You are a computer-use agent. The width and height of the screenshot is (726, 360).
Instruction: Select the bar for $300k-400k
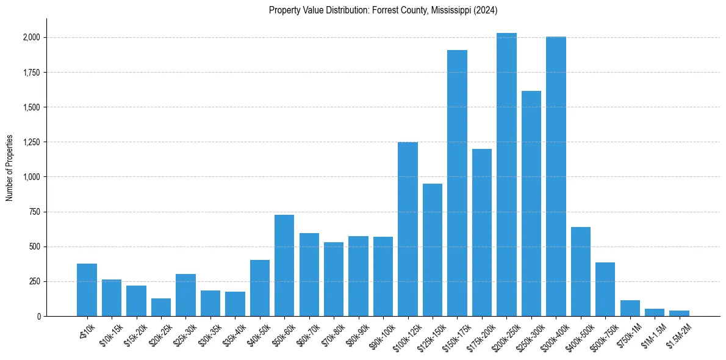pyautogui.click(x=556, y=176)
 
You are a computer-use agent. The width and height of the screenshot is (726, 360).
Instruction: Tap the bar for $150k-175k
pyautogui.click(x=457, y=183)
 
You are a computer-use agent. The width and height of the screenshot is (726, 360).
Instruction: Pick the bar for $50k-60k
pyautogui.click(x=284, y=265)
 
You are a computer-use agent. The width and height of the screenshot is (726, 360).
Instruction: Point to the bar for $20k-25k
pyautogui.click(x=161, y=307)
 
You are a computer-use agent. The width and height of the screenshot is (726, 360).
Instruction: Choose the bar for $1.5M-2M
pyautogui.click(x=679, y=313)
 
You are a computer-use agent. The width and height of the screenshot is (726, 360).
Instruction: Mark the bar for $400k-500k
pyautogui.click(x=580, y=272)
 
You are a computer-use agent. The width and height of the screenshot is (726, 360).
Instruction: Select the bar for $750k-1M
pyautogui.click(x=630, y=308)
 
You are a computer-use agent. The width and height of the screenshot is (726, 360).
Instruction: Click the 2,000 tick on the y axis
pyautogui.click(x=32, y=38)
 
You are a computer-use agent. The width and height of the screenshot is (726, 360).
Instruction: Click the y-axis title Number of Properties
pyautogui.click(x=10, y=168)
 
